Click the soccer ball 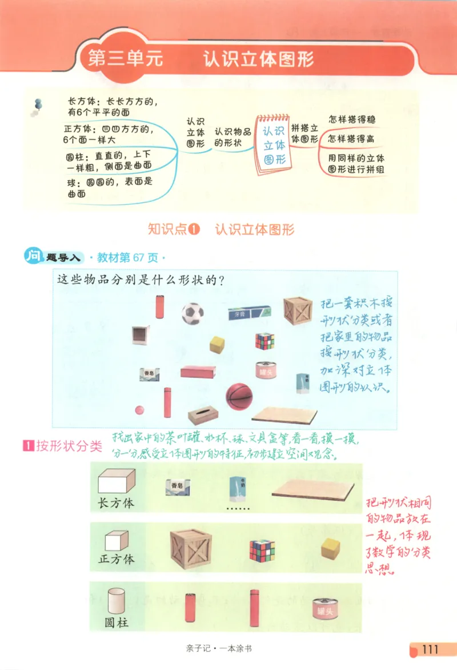coord(193,313)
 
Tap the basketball coord(238,396)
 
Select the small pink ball coord(139,410)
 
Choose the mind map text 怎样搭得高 coord(351,139)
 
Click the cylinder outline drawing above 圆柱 coord(116,600)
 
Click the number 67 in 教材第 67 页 coord(139,258)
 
